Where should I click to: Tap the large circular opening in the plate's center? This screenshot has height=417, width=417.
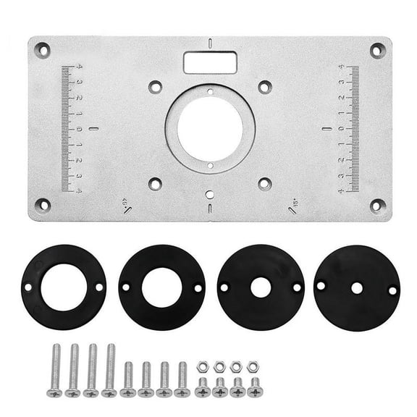coord(209,130)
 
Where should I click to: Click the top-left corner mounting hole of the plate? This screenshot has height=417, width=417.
coord(42,51)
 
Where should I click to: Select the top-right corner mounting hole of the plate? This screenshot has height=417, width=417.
coord(376,50)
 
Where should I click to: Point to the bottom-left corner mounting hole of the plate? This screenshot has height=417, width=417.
coord(42,204)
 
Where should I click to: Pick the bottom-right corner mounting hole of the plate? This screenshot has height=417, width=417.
coord(376,205)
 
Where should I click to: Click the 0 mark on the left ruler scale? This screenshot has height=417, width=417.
coord(80,129)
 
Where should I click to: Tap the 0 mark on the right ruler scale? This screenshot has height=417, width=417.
coord(341,128)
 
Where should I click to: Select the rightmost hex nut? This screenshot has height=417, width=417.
coord(252,367)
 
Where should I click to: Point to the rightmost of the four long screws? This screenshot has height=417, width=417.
coord(110,370)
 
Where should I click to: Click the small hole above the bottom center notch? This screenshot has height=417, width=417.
coord(209,193)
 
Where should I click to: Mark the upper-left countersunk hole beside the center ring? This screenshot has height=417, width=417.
coord(154,86)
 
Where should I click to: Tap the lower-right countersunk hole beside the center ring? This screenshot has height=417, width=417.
coord(264,183)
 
